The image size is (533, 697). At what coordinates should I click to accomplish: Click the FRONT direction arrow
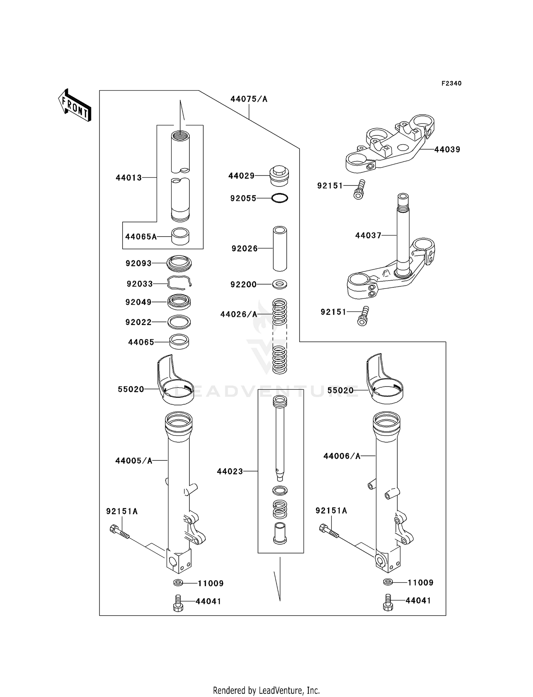[x=75, y=105]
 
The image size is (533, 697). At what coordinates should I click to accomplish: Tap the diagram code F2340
[x=451, y=83]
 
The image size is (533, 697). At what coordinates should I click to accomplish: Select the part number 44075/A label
[x=249, y=99]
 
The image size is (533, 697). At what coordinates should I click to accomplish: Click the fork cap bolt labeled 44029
[x=279, y=176]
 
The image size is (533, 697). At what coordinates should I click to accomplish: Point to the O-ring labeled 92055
[x=280, y=198]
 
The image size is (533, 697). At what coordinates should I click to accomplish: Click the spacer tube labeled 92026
[x=280, y=249]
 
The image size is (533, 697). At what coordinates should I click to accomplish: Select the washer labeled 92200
[x=280, y=284]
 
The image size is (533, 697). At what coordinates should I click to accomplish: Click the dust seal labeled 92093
[x=179, y=263]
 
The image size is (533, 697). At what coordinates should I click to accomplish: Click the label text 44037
[x=368, y=236]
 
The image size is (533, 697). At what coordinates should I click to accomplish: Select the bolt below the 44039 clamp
[x=359, y=190]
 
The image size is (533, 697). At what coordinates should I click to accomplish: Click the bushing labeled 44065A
[x=180, y=236]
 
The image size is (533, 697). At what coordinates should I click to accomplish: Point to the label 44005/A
[x=134, y=461]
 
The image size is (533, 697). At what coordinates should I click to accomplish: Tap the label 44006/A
[x=342, y=456]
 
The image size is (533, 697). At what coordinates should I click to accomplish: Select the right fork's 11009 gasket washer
[x=388, y=582]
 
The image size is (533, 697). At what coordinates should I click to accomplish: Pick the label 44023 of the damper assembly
[x=230, y=471]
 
